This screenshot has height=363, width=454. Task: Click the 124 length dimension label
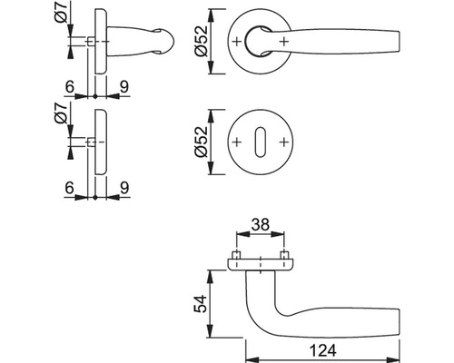point(322,351)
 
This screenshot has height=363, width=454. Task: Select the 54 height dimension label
point(201,303)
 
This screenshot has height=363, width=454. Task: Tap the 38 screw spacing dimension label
point(261,225)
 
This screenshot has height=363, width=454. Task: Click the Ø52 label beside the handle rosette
point(202,42)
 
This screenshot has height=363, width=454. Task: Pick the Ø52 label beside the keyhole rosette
point(202,142)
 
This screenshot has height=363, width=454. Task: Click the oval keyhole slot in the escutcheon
point(260,142)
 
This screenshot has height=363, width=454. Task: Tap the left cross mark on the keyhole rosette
point(237,142)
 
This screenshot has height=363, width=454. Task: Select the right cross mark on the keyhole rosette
point(283,142)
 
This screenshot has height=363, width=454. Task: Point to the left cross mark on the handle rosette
point(237,41)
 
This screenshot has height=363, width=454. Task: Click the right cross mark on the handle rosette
point(284,41)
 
